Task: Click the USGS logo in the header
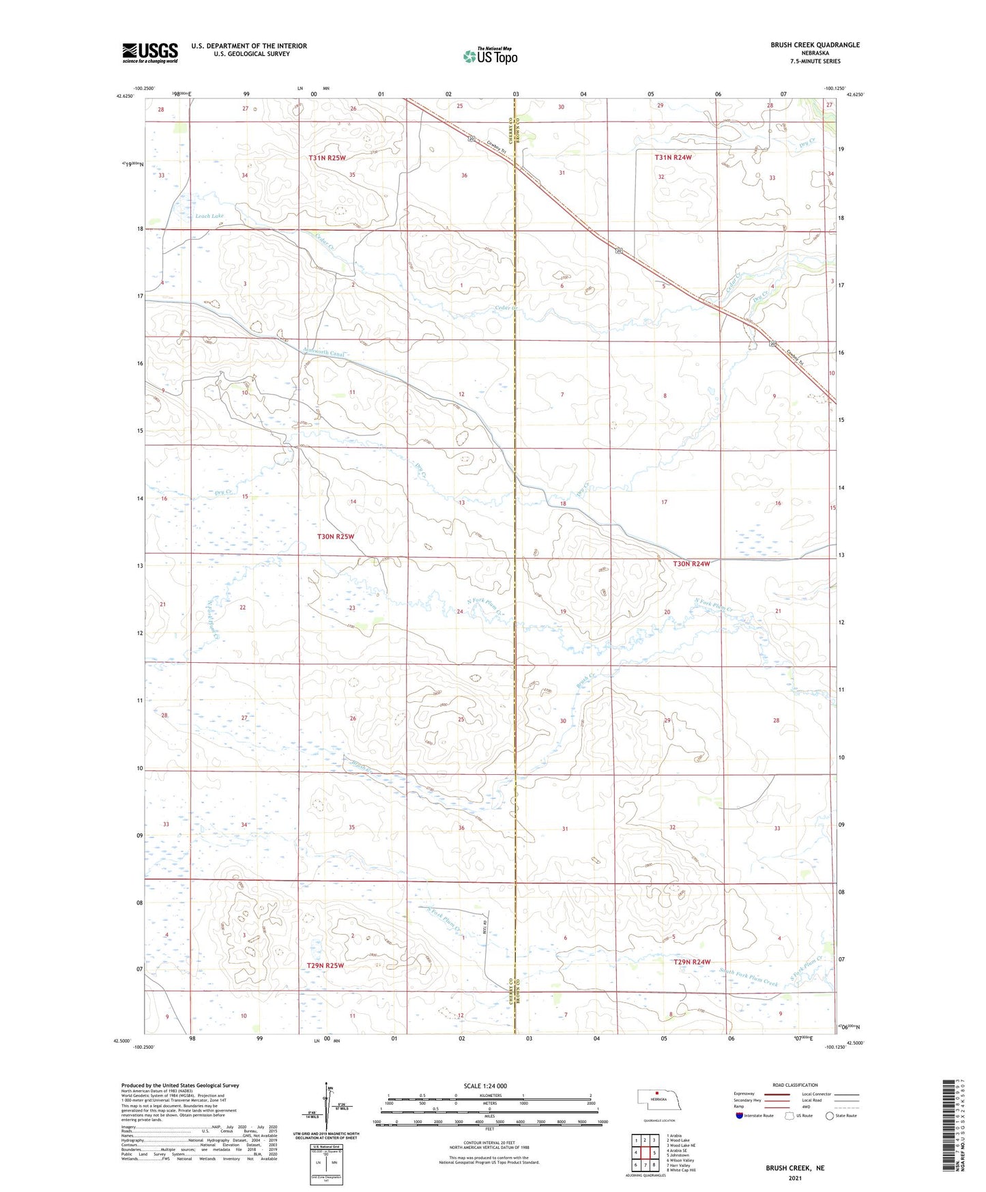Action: (149, 53)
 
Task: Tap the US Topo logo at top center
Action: (489, 56)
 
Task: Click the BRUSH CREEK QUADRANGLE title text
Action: (815, 45)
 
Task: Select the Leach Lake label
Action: (209, 216)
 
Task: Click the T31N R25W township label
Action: (327, 158)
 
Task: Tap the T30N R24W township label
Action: (691, 564)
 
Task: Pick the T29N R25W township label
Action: (325, 965)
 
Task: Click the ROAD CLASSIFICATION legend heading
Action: (795, 1085)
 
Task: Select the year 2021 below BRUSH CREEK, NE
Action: (794, 1178)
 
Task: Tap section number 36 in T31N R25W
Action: (464, 175)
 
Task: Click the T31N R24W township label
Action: (673, 158)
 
